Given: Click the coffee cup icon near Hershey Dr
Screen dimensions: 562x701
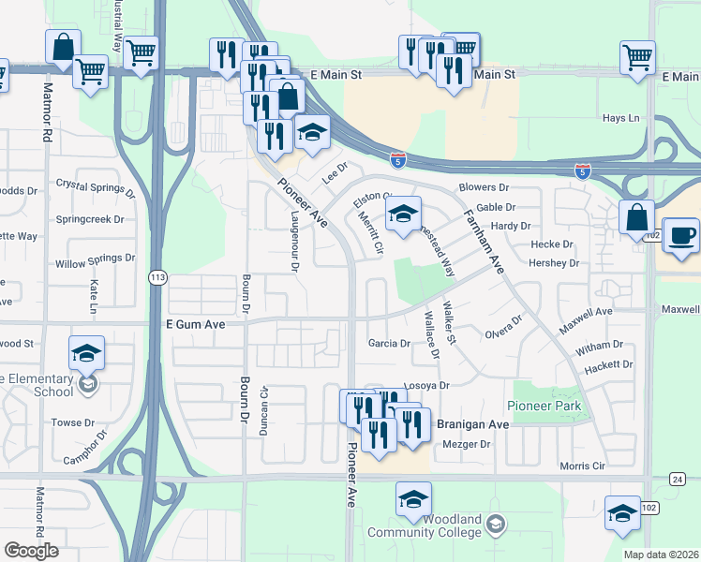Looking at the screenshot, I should tap(681, 235).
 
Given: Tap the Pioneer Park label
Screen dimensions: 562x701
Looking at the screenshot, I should tap(544, 407).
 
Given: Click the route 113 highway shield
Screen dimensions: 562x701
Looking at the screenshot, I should tap(157, 277).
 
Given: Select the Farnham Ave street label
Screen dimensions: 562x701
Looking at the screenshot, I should tap(485, 242).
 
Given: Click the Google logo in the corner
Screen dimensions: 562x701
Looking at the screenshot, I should tap(31, 551).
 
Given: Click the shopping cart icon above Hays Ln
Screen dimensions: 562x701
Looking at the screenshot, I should tap(637, 57).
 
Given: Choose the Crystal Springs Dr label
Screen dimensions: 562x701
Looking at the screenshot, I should tap(96, 189).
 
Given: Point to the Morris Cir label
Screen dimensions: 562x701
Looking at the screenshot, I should tap(588, 466).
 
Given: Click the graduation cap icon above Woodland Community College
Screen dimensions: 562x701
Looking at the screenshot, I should tap(413, 499).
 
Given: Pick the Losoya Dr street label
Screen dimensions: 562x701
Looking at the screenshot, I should tap(426, 385).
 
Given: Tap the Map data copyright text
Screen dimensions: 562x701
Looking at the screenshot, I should tap(661, 555).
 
